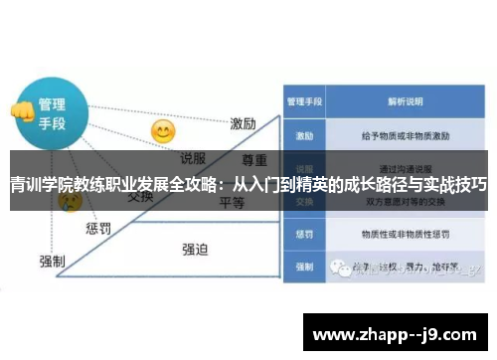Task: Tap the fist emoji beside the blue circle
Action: (20, 112)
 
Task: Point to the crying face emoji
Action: (70, 202)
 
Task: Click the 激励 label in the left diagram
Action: (244, 124)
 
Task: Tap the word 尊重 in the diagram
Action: (255, 160)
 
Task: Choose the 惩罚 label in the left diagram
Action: (98, 229)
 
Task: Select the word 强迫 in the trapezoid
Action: (194, 249)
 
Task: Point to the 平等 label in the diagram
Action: (232, 204)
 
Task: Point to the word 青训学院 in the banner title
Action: (40, 185)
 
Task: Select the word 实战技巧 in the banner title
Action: (454, 185)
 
